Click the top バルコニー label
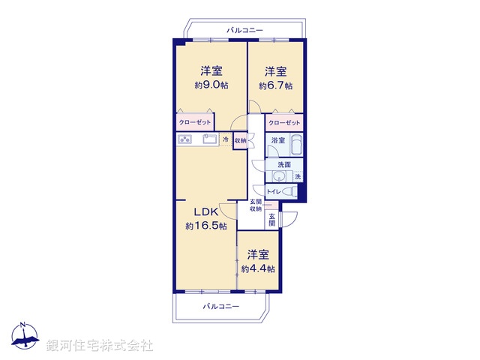pyautogui.click(x=245, y=29)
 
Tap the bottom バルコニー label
pyautogui.click(x=221, y=307)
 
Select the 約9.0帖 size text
pyautogui.click(x=210, y=85)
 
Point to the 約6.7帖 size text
pyautogui.click(x=274, y=85)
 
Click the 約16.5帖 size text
pyautogui.click(x=205, y=226)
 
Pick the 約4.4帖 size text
pyautogui.click(x=257, y=268)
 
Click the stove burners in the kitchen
pyautogui.click(x=186, y=139)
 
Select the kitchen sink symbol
pyautogui.click(x=210, y=139)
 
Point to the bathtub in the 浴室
pyautogui.click(x=294, y=143)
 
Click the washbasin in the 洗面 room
pyautogui.click(x=279, y=177)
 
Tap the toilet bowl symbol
pyautogui.click(x=290, y=192)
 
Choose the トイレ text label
pyautogui.click(x=273, y=193)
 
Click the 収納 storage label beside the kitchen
pyautogui.click(x=240, y=140)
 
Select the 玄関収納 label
pyautogui.click(x=256, y=205)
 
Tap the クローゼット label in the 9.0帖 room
pyautogui.click(x=194, y=121)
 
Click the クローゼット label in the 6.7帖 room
pyautogui.click(x=284, y=122)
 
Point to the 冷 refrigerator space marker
pyautogui.click(x=225, y=139)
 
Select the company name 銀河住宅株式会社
pyautogui.click(x=100, y=346)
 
